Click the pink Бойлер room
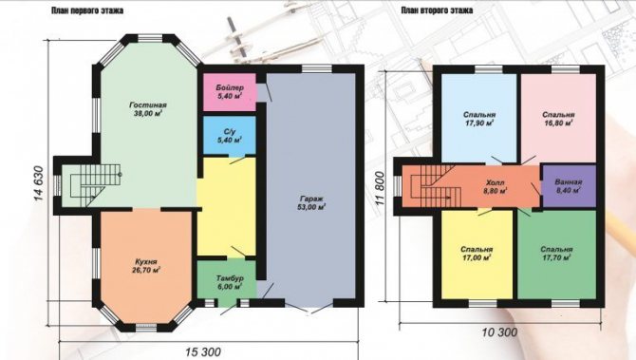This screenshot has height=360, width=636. [229, 92]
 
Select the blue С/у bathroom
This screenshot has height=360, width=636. [229, 135]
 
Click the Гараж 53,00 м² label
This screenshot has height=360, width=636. [311, 203]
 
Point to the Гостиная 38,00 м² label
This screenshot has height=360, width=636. [148, 109]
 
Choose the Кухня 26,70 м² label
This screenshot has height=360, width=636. [145, 266]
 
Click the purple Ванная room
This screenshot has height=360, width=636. [569, 185]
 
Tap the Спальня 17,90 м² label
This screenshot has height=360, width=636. [478, 119]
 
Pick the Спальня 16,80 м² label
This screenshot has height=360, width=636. [558, 119]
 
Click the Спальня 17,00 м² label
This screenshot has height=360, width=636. [477, 254]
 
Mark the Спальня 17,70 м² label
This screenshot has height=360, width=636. [556, 254]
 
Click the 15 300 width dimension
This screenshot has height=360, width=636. [204, 351]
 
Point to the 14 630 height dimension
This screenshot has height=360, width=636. [38, 183]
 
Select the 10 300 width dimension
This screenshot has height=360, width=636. [499, 332]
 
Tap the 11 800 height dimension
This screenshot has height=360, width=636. [380, 186]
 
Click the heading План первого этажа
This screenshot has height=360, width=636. [87, 10]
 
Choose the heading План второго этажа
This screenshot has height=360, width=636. [437, 10]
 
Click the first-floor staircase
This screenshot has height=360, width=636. [96, 185]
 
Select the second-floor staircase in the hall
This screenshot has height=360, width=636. [436, 186]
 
